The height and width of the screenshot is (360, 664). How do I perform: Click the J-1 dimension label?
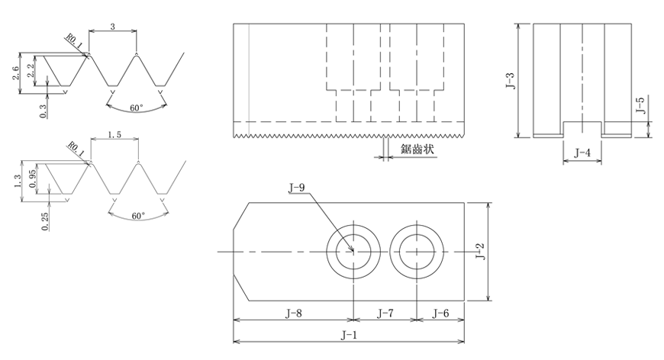349,336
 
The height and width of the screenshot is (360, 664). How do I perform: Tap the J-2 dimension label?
480,251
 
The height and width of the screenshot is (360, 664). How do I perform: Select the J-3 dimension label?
511,81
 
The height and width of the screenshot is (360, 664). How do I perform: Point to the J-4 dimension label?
582,153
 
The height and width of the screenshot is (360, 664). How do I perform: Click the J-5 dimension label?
640,105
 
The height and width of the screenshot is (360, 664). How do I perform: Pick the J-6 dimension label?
440,313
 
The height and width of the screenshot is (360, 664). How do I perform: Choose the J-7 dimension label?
385,313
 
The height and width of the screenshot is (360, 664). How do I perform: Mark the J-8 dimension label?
294,313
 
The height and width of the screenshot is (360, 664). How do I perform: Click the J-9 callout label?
296,188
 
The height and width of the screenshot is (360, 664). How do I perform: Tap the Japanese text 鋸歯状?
417,149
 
